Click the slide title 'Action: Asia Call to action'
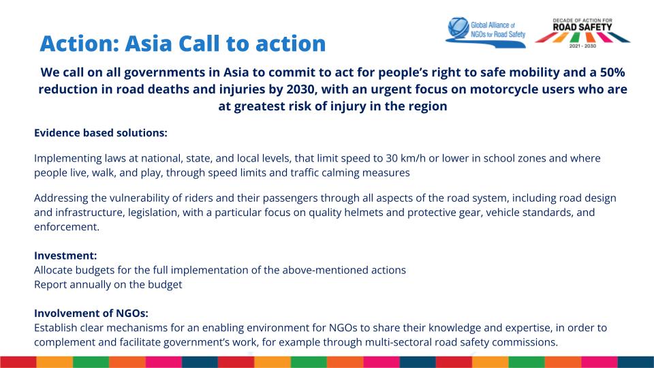(x=183, y=43)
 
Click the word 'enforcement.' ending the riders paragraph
(x=67, y=227)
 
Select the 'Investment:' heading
(x=65, y=256)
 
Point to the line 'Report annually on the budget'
(x=108, y=284)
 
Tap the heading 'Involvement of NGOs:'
(x=91, y=313)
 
